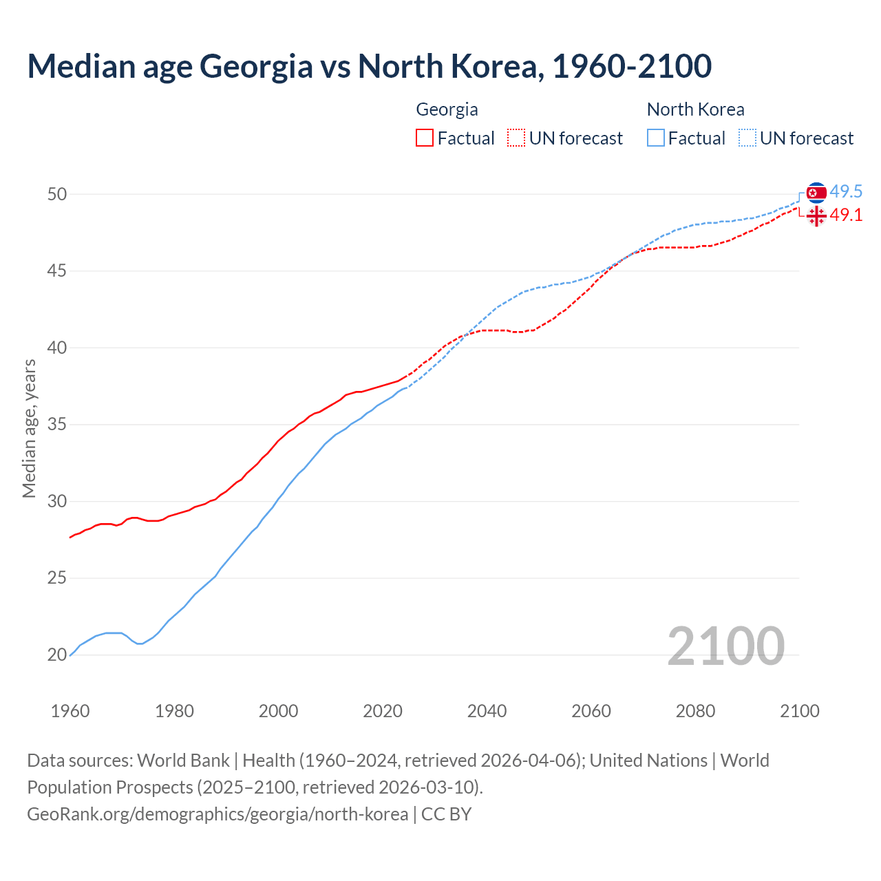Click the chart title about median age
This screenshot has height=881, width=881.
pyautogui.click(x=369, y=66)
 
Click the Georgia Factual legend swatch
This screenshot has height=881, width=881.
pyautogui.click(x=425, y=138)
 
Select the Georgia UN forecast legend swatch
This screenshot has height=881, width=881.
pyautogui.click(x=516, y=138)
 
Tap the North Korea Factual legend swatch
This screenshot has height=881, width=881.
pyautogui.click(x=656, y=138)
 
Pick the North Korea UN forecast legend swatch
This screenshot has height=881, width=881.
pyautogui.click(x=747, y=138)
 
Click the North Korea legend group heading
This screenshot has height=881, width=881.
pyautogui.click(x=695, y=109)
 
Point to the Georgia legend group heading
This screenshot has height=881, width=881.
pyautogui.click(x=447, y=109)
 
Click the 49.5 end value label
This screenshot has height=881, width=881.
pyautogui.click(x=846, y=191)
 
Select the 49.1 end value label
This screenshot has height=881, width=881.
pyautogui.click(x=846, y=215)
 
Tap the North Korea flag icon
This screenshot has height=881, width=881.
pyautogui.click(x=816, y=193)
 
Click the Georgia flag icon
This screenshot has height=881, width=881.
pyautogui.click(x=816, y=216)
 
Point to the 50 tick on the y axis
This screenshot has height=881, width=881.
pyautogui.click(x=57, y=194)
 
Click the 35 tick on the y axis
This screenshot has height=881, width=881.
pyautogui.click(x=57, y=425)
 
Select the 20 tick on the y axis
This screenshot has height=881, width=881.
pyautogui.click(x=57, y=655)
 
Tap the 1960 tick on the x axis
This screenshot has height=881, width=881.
pyautogui.click(x=70, y=711)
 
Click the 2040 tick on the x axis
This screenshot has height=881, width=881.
pyautogui.click(x=487, y=711)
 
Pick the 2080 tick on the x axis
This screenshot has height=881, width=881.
pyautogui.click(x=695, y=711)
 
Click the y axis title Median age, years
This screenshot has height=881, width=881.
pyautogui.click(x=29, y=428)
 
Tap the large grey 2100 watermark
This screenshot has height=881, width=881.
pyautogui.click(x=725, y=646)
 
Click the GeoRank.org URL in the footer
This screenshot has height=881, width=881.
pyautogui.click(x=217, y=814)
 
